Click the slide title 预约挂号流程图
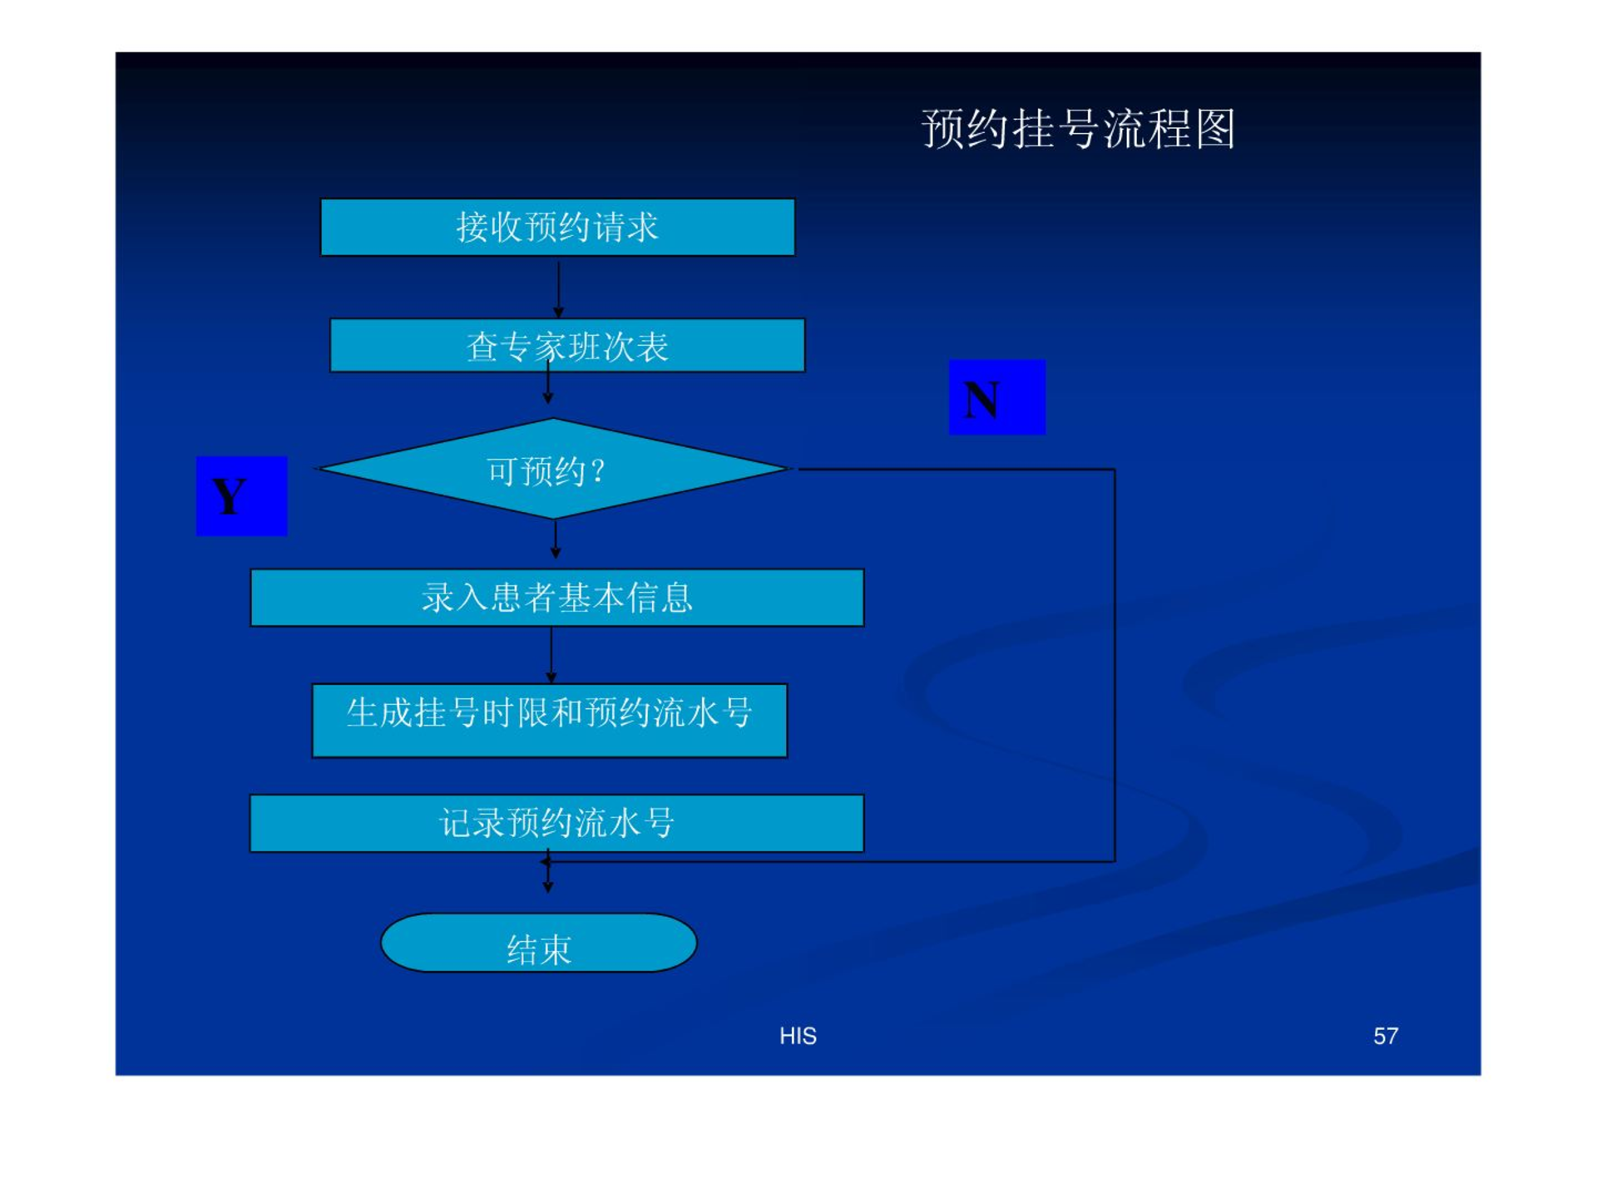1078,129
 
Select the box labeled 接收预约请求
557,227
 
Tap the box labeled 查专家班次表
567,345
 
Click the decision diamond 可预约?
551,469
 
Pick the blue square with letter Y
241,495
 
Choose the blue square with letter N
997,397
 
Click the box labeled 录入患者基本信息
557,598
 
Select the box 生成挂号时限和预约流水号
549,721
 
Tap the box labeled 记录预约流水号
557,823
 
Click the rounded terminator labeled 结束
538,943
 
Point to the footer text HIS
798,1036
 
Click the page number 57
1386,1036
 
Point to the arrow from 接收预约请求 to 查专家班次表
558,289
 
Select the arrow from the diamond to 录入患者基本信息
556,539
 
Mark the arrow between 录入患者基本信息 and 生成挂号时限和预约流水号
551,655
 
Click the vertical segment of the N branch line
1115,665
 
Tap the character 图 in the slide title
1215,129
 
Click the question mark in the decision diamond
597,472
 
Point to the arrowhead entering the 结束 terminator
547,888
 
